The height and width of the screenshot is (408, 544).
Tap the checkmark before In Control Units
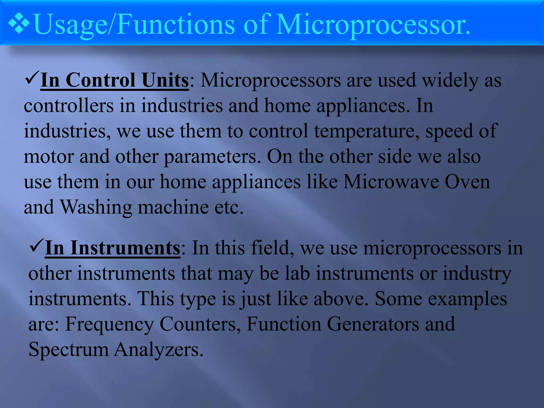(32, 78)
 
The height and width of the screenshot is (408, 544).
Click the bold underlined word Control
(100, 80)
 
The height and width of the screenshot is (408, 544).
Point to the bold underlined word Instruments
(125, 248)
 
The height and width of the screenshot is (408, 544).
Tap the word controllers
(69, 106)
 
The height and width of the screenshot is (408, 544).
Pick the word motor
(49, 156)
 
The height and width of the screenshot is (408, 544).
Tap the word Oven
(467, 182)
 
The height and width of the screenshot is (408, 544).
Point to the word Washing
(96, 207)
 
